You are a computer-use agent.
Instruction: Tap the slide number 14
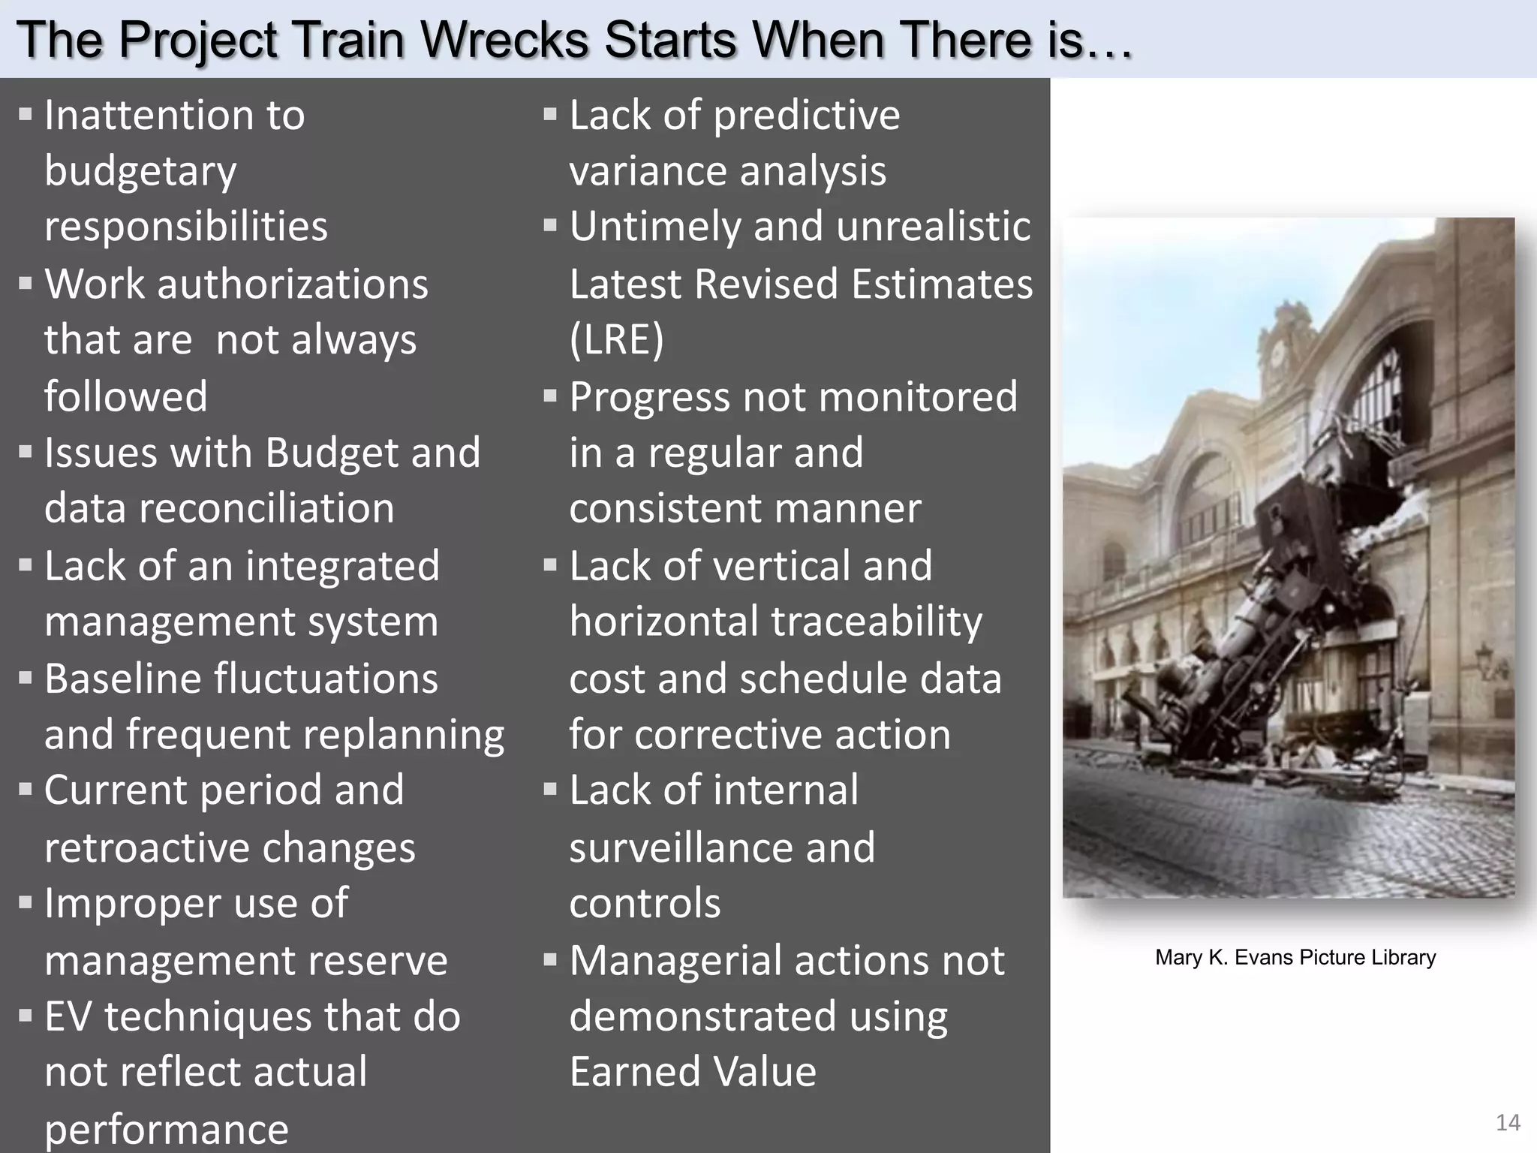point(1508,1122)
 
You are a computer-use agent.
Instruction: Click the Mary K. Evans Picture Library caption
point(1295,957)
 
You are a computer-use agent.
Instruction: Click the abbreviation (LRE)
point(616,339)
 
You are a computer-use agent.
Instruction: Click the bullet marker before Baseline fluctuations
point(26,678)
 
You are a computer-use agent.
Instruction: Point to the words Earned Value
point(692,1071)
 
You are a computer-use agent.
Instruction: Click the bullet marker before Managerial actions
point(550,959)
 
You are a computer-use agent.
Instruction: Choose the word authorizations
point(292,284)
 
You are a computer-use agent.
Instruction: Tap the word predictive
point(807,116)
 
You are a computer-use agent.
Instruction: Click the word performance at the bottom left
point(166,1130)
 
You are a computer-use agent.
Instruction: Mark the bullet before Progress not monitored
point(550,396)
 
